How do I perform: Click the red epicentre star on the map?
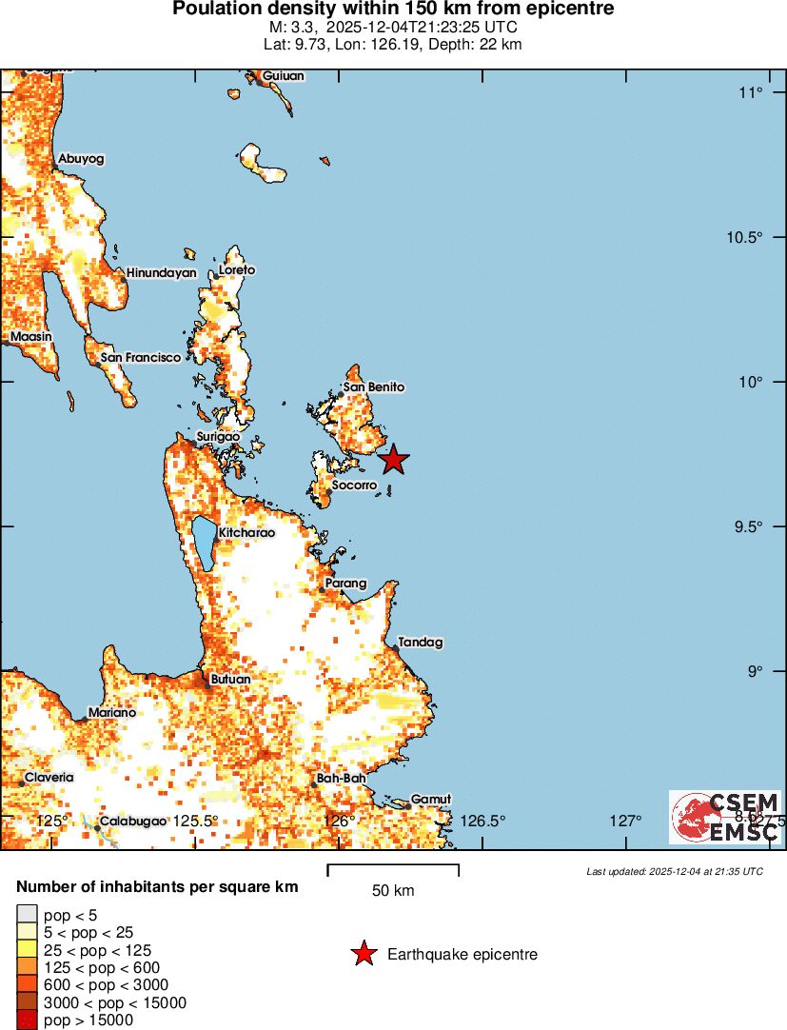tap(394, 460)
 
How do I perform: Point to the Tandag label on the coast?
tap(421, 643)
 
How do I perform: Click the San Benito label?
tap(374, 387)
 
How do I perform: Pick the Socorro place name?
tap(354, 485)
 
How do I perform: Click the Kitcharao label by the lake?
tap(246, 533)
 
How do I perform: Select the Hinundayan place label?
tap(161, 273)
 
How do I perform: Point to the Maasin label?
tap(30, 337)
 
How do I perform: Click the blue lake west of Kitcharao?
tap(204, 543)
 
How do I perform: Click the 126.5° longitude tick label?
tap(483, 821)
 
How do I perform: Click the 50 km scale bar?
tap(393, 868)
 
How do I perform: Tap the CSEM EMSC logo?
tap(726, 817)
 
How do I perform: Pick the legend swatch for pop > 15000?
tap(28, 1020)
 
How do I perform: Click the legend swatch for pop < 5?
tap(28, 915)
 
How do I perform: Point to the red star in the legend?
tap(363, 954)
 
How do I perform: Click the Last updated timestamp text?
tap(675, 871)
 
